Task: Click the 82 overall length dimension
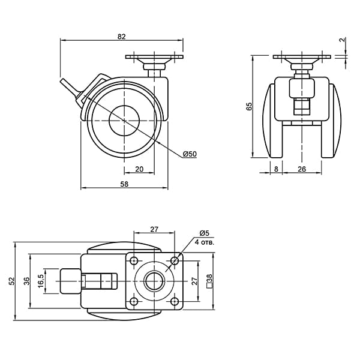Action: (122, 37)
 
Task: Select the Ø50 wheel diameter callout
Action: (190, 154)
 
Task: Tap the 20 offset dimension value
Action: (139, 169)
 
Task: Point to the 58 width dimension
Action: (124, 184)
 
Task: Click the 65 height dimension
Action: (249, 106)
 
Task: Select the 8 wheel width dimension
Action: (276, 169)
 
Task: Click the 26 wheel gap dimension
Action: (302, 169)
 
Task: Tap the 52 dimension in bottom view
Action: (11, 281)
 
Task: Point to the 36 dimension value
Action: (27, 281)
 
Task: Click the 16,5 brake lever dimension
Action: (41, 281)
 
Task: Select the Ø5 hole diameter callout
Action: (205, 233)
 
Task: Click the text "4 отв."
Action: (205, 242)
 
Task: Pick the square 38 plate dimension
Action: (209, 281)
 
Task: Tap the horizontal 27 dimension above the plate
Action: (154, 229)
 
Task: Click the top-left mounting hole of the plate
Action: (134, 260)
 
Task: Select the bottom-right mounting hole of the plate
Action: (175, 301)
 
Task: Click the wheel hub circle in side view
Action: (124, 121)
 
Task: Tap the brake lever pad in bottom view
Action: (70, 281)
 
